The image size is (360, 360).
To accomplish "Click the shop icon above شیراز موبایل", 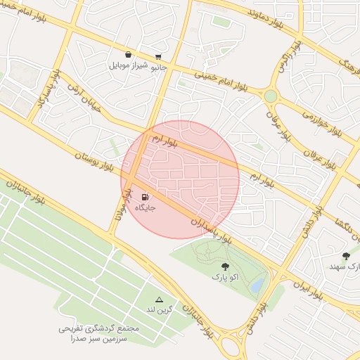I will (x=128, y=54).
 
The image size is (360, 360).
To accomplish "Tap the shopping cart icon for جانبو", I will (x=159, y=56).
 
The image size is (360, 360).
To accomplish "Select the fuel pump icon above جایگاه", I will (x=145, y=198).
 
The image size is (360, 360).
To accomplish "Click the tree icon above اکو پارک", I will (x=225, y=266).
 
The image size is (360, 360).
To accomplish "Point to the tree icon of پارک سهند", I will (x=346, y=257).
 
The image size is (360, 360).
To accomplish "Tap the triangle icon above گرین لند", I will (x=159, y=300).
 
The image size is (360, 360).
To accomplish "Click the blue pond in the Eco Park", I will (x=257, y=283).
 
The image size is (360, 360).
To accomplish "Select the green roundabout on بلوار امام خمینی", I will (x=271, y=95).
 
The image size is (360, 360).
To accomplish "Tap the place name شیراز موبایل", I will (x=129, y=66).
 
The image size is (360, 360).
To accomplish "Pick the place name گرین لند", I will (x=159, y=310).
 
